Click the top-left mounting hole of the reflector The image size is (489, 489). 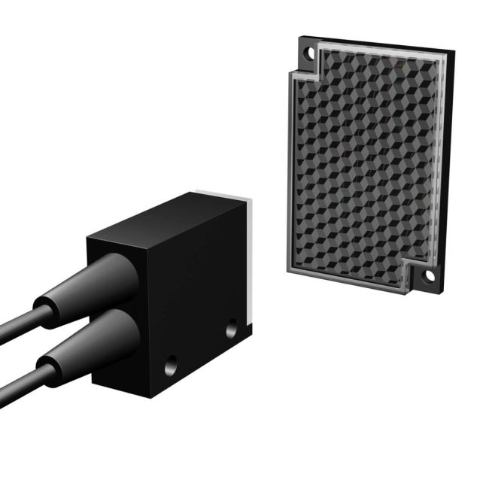click(x=307, y=53)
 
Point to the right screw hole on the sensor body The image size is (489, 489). click(x=232, y=329)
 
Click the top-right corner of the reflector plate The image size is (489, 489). click(x=453, y=53)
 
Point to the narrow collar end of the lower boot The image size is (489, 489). click(x=50, y=369)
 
